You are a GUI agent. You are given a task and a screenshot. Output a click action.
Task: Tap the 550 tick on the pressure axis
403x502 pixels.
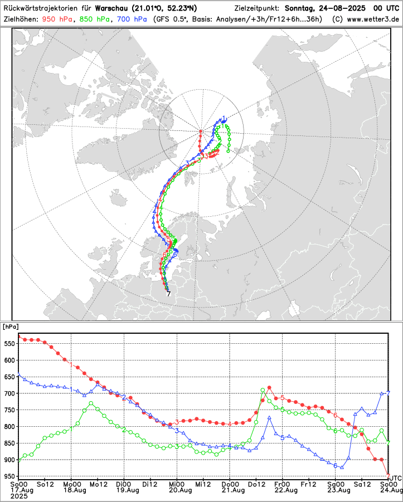(x=9, y=344)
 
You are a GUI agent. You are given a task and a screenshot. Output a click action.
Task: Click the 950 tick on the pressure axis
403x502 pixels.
(x=9, y=477)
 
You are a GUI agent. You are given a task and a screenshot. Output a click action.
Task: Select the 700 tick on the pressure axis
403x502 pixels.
(x=9, y=394)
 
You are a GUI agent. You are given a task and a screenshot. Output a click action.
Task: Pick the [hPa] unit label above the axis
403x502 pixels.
(x=11, y=326)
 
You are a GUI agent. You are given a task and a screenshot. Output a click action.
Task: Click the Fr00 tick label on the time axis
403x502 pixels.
(x=283, y=484)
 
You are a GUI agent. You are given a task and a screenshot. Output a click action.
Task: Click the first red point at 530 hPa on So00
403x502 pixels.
(x=19, y=337)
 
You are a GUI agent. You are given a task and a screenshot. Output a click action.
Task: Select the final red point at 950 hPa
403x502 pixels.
(x=389, y=475)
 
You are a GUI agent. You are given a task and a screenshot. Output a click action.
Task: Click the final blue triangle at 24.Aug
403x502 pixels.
(x=389, y=392)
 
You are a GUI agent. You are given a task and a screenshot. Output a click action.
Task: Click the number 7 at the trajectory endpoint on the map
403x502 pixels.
(x=168, y=294)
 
